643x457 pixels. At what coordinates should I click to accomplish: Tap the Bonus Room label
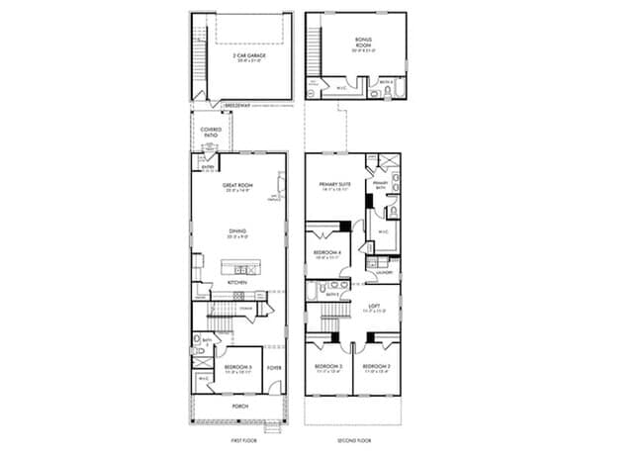[x=364, y=42]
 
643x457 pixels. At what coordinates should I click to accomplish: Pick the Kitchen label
[x=237, y=282]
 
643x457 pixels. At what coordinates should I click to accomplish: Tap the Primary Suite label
[x=335, y=185]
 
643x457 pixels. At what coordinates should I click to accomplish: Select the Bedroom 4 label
[x=327, y=253]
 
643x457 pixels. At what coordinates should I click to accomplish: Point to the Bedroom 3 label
[x=327, y=367]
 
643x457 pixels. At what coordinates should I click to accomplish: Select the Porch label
[x=239, y=406]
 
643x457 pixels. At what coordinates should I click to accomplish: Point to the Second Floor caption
[x=353, y=436]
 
